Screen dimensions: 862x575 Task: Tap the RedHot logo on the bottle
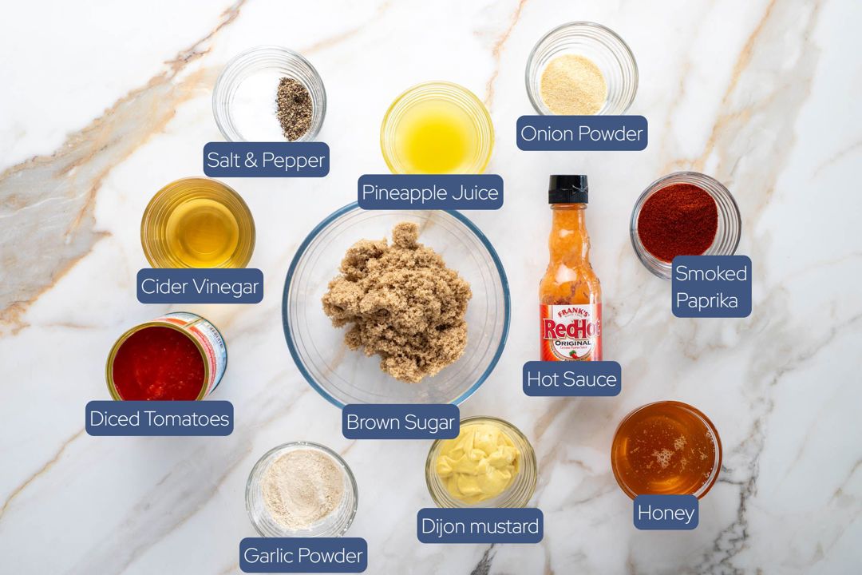tap(571, 329)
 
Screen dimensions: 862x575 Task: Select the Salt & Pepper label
tap(266, 160)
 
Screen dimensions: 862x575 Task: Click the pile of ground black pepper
tap(294, 109)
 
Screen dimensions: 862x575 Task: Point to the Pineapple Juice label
tap(430, 192)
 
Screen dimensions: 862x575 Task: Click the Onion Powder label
tap(582, 133)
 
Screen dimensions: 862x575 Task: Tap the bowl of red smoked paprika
tap(685, 223)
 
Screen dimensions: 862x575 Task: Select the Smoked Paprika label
tap(711, 287)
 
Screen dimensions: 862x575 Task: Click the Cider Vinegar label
tap(200, 286)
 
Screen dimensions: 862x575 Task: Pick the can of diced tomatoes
tap(165, 358)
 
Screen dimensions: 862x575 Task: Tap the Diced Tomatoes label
tap(159, 418)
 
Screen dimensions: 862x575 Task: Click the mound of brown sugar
tap(397, 301)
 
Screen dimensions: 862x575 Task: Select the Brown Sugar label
tap(401, 422)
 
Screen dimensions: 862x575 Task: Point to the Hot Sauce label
tap(571, 379)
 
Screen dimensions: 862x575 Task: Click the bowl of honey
tap(666, 449)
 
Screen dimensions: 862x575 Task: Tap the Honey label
tap(666, 513)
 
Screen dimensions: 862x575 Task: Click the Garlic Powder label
tap(303, 555)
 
